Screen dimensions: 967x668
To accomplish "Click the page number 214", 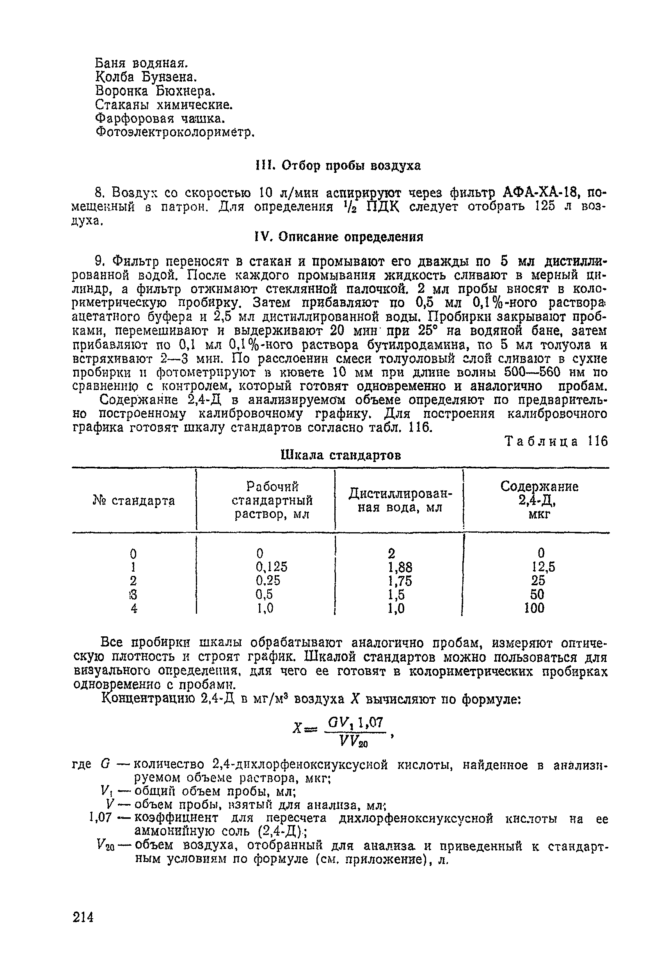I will [x=83, y=917].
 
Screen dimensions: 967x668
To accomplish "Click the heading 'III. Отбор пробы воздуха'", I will [x=338, y=166].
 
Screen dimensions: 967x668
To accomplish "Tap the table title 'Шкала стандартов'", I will [x=341, y=455].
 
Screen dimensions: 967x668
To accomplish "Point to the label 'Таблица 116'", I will [x=556, y=442].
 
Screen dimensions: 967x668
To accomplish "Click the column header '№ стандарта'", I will [x=133, y=500].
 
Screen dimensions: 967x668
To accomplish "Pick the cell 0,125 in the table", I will [x=272, y=567].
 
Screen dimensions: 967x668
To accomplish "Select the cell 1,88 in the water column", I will [x=400, y=567].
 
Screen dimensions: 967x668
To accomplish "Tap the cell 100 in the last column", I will [x=535, y=608].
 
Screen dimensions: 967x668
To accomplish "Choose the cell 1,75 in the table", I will [x=400, y=581].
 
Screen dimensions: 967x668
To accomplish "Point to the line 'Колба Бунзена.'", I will [x=146, y=77].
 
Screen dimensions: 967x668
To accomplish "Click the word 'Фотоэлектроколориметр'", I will [x=174, y=132].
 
